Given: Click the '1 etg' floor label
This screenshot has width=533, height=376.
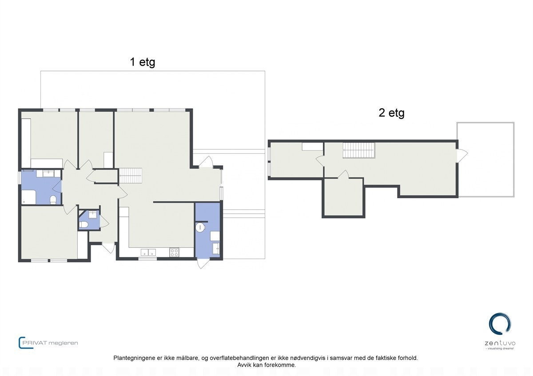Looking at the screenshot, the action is pyautogui.click(x=143, y=62).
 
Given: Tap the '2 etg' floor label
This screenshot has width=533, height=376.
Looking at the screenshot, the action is pyautogui.click(x=391, y=113).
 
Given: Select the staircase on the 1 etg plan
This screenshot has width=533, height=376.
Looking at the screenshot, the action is pyautogui.click(x=131, y=176).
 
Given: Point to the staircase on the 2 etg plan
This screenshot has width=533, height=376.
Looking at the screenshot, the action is pyautogui.click(x=358, y=150).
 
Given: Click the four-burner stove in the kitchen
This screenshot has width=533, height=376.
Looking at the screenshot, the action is pyautogui.click(x=174, y=252).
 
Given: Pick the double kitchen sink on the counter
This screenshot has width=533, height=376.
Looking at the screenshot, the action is pyautogui.click(x=148, y=252).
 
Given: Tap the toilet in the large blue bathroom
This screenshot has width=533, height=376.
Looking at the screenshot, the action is pyautogui.click(x=53, y=200).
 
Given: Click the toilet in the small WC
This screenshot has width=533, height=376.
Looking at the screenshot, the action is pyautogui.click(x=84, y=224).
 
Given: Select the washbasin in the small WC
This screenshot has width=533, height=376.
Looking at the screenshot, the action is pyautogui.click(x=92, y=215).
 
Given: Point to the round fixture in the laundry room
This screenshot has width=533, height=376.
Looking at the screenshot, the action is pyautogui.click(x=200, y=227).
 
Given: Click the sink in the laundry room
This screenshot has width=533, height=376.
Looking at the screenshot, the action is pyautogui.click(x=216, y=248).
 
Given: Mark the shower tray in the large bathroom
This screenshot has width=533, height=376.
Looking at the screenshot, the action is pyautogui.click(x=28, y=197).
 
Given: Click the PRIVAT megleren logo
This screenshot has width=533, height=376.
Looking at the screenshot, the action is pyautogui.click(x=48, y=343).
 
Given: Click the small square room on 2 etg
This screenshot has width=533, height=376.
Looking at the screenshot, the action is pyautogui.click(x=343, y=197).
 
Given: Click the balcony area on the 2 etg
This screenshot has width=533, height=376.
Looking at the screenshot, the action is pyautogui.click(x=486, y=160).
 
